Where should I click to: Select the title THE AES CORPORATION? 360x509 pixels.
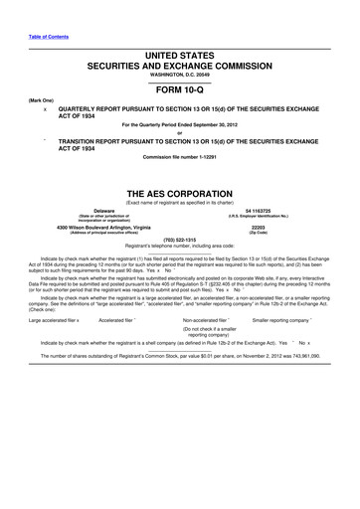179,193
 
